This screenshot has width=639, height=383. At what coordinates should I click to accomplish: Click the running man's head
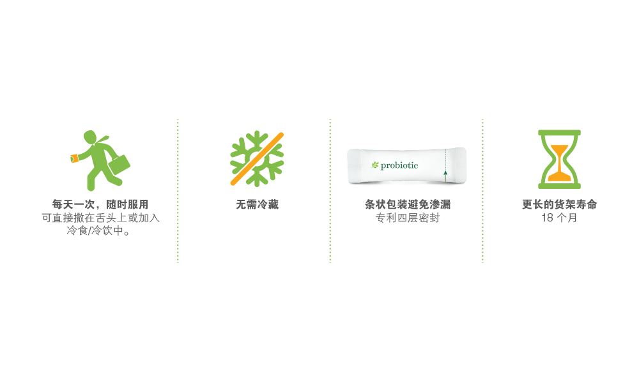click(90, 137)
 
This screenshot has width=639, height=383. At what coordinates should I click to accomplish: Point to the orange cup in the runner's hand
click(74, 158)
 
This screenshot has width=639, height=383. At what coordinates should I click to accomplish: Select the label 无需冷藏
click(257, 205)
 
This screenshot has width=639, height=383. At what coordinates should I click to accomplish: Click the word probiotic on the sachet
click(399, 166)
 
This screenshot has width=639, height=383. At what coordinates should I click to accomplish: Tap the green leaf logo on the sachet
click(375, 166)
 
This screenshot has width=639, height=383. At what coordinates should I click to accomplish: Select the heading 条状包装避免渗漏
click(407, 205)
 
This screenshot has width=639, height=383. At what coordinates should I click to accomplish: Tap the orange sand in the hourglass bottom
click(559, 174)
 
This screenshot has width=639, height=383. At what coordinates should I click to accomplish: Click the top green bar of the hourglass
click(559, 133)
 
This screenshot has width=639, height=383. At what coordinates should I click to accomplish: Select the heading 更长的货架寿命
click(559, 205)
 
